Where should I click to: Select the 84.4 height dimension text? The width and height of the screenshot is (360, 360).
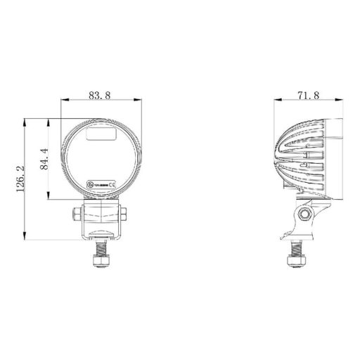pyautogui.click(x=45, y=160)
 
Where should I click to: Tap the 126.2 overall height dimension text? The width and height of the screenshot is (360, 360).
pyautogui.click(x=20, y=179)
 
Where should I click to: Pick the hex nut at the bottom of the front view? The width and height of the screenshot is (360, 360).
pyautogui.click(x=101, y=262)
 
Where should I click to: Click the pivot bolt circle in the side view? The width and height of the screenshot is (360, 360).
pyautogui.click(x=303, y=212)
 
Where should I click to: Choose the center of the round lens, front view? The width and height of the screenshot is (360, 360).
pyautogui.click(x=101, y=160)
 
